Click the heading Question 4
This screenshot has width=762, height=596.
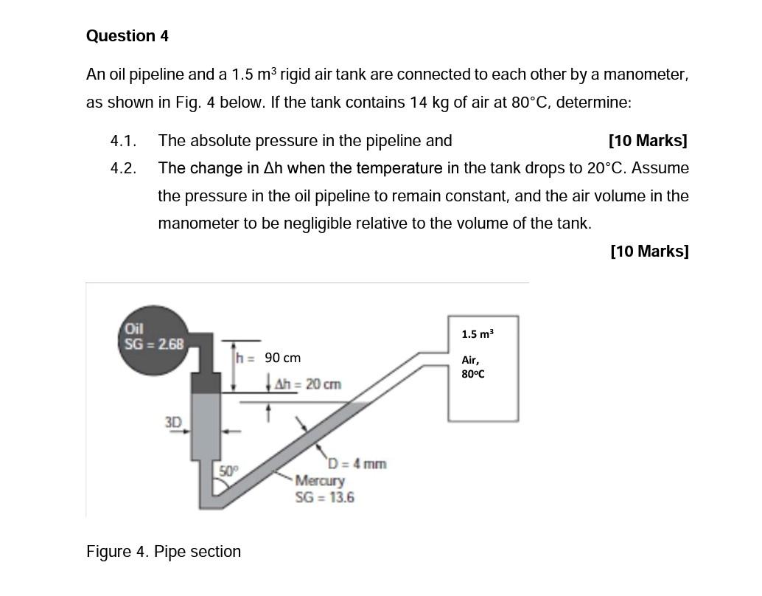pyautogui.click(x=127, y=36)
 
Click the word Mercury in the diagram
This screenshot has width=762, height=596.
pyautogui.click(x=320, y=481)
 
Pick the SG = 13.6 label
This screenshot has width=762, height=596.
pyautogui.click(x=324, y=497)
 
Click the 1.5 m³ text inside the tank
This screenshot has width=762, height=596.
pyautogui.click(x=478, y=334)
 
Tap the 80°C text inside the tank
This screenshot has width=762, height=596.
pyautogui.click(x=472, y=374)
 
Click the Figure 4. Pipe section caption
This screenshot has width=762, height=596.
pyautogui.click(x=164, y=552)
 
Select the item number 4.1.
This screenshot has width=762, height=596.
pyautogui.click(x=123, y=140)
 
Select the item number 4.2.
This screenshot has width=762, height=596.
pyautogui.click(x=123, y=168)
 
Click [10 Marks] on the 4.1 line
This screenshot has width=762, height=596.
pyautogui.click(x=648, y=140)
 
